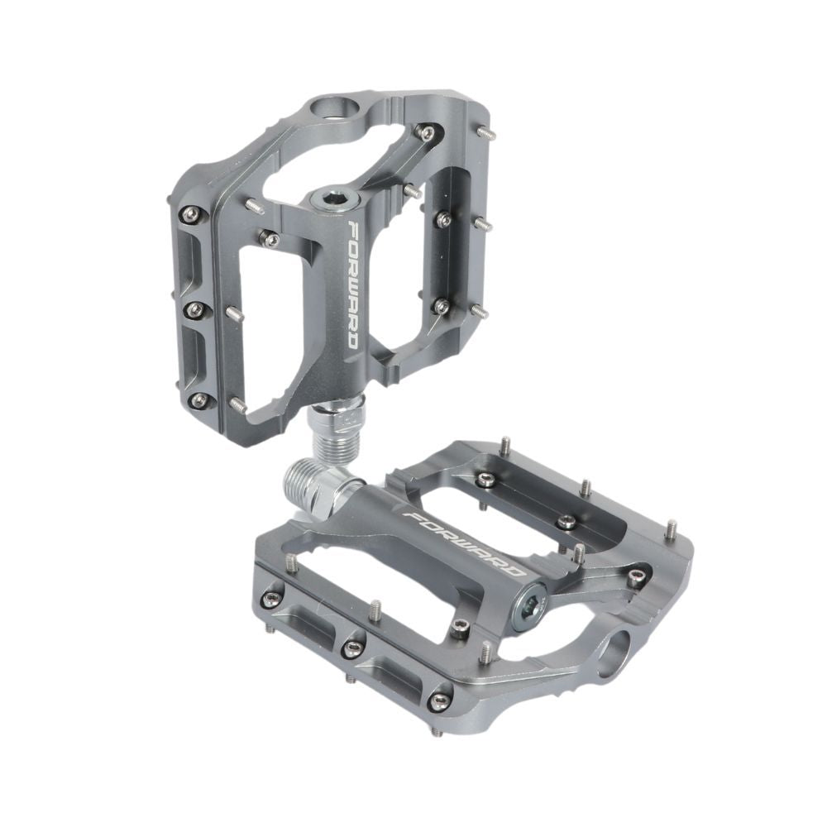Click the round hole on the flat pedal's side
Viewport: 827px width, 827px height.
point(619,653)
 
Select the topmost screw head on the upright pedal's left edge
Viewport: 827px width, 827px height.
point(193,213)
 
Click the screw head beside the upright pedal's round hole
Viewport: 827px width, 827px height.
point(427,132)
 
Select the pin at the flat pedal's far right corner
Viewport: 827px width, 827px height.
point(671,527)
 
